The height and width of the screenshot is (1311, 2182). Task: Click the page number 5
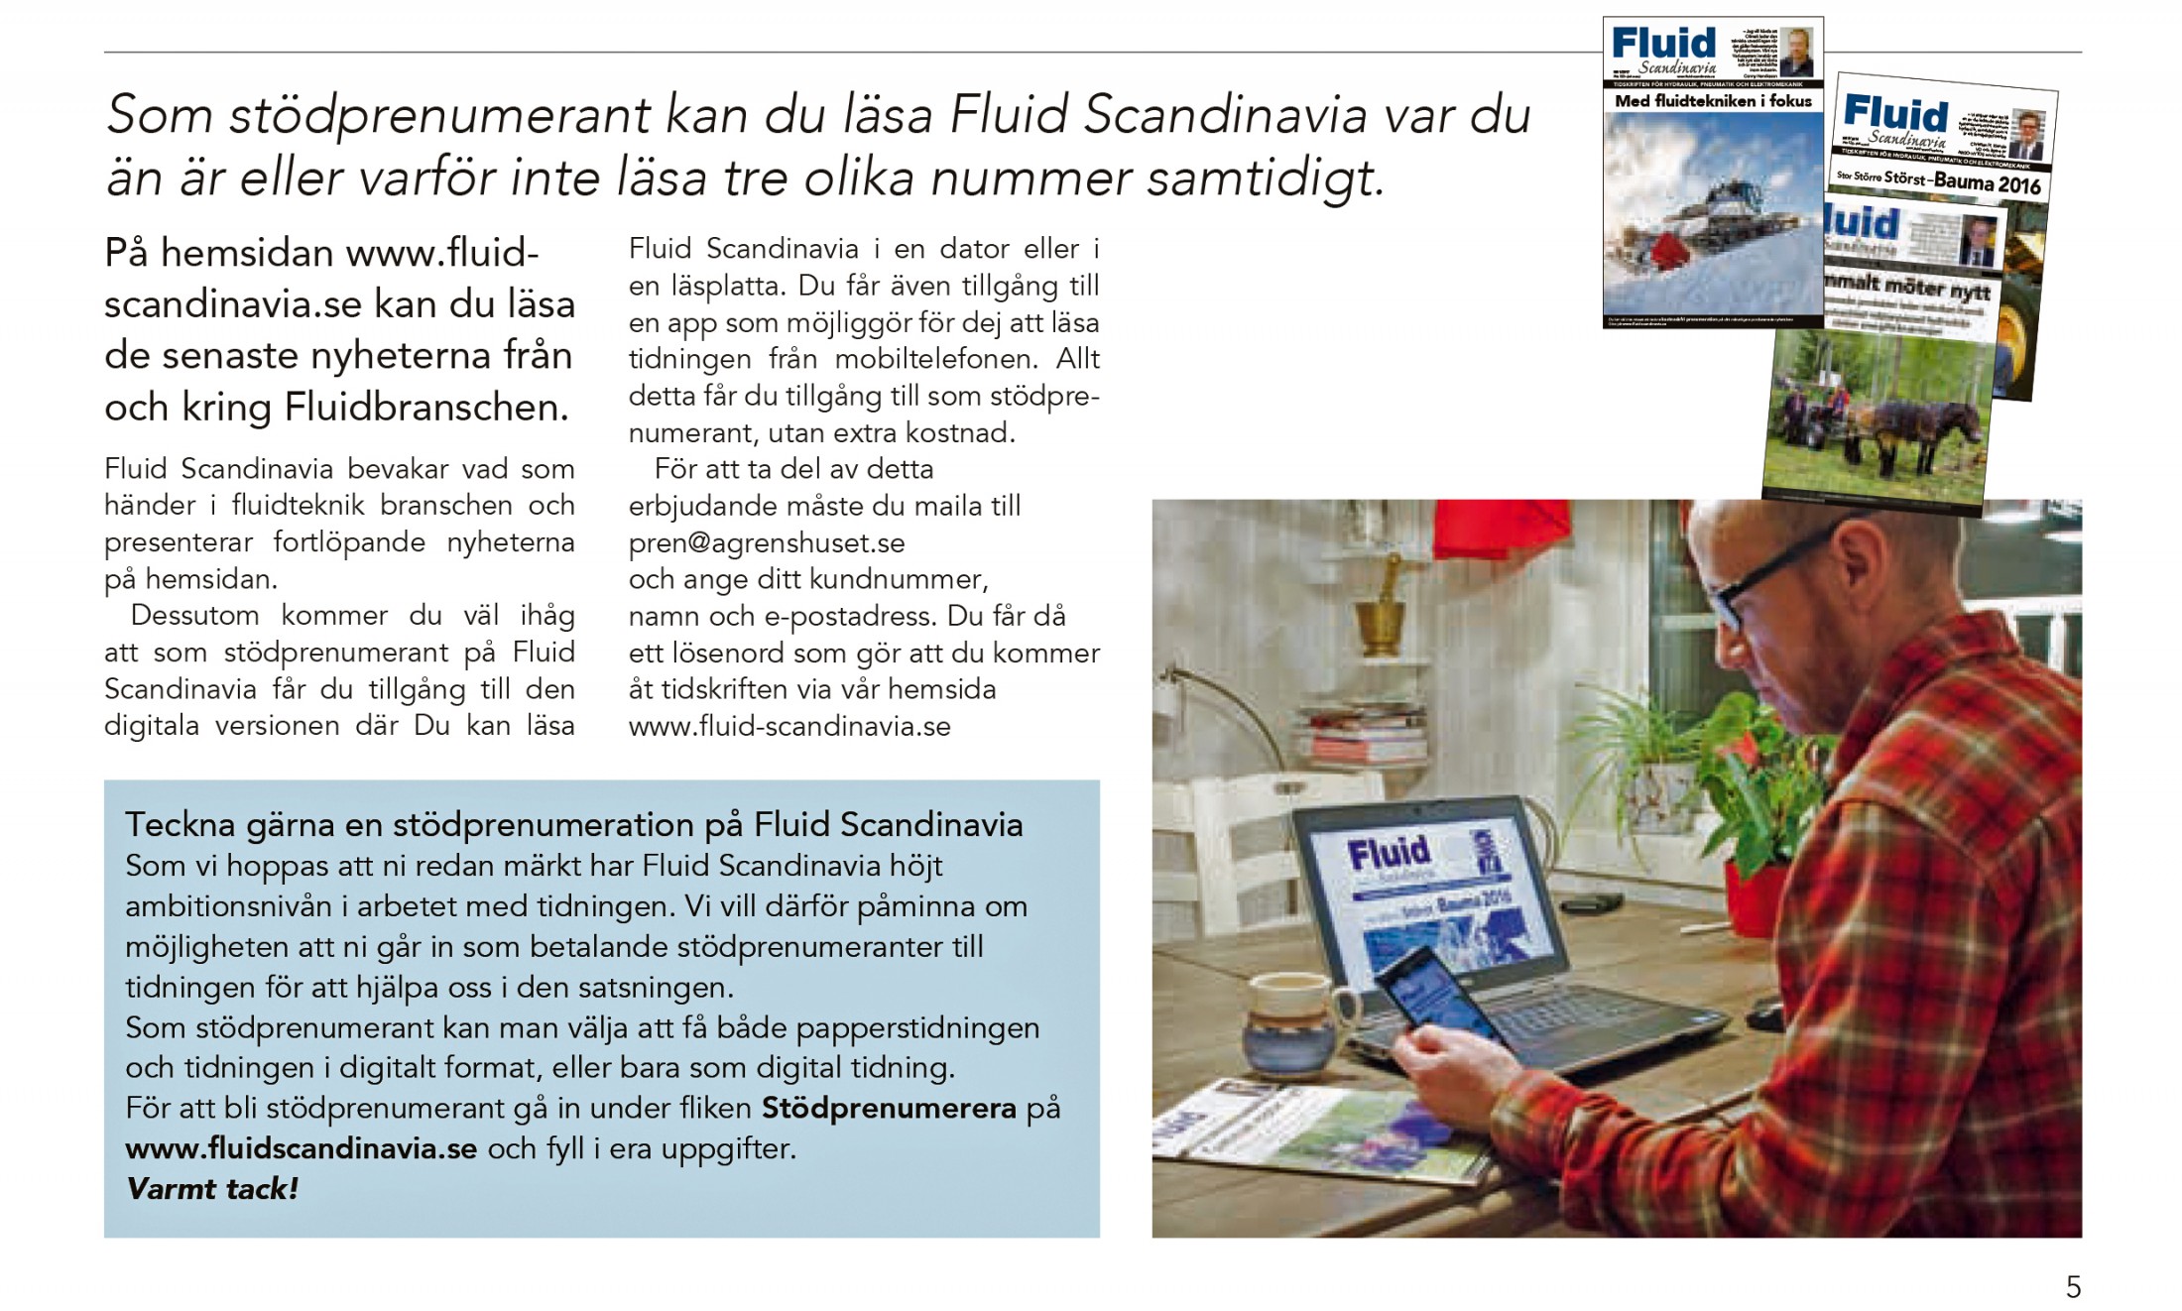[2073, 1286]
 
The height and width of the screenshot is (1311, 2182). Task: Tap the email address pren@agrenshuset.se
[767, 543]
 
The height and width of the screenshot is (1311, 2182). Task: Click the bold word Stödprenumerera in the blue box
[889, 1108]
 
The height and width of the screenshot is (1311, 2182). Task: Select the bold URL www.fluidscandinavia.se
[302, 1148]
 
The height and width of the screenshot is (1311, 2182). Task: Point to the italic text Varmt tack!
[212, 1189]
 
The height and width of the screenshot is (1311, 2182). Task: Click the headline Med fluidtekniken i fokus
[1713, 101]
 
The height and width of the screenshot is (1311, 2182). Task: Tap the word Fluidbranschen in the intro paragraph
[426, 408]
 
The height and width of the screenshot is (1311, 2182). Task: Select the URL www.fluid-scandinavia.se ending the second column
[789, 727]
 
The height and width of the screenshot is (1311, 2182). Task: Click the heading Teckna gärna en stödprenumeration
[573, 825]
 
